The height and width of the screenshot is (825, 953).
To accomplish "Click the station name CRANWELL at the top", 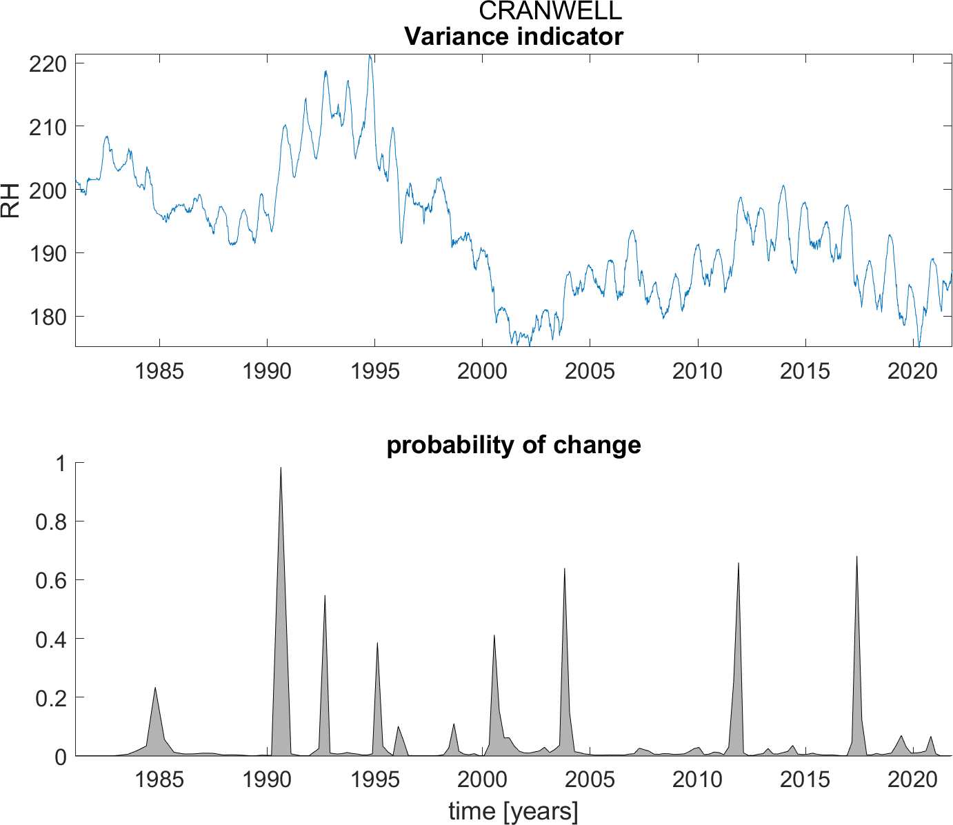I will (550, 10).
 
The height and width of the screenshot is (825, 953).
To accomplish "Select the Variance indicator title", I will (514, 36).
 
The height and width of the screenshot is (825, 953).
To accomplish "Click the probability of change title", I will (514, 445).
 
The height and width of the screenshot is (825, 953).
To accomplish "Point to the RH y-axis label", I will (10, 200).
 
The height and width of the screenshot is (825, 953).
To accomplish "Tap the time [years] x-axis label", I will (514, 811).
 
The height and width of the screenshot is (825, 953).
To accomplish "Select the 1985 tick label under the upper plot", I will (159, 371).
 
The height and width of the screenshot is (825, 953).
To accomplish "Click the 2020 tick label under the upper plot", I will (912, 371).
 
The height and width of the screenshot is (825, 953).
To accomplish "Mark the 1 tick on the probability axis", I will (61, 464).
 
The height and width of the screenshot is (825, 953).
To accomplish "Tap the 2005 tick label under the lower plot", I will (590, 780).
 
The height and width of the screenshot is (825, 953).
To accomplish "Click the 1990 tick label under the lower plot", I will (267, 780).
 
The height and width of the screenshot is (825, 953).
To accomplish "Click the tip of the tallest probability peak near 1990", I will (281, 468).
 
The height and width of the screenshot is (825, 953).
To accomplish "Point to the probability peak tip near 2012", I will (739, 564).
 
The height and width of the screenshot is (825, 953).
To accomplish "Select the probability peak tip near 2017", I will (856, 557).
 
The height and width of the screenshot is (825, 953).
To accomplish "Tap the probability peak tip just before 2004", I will (565, 569).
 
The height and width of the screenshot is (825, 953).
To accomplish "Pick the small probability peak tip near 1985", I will (155, 688).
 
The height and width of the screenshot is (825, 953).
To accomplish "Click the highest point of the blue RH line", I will (370, 55).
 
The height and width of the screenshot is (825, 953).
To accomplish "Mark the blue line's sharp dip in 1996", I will (401, 243).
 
